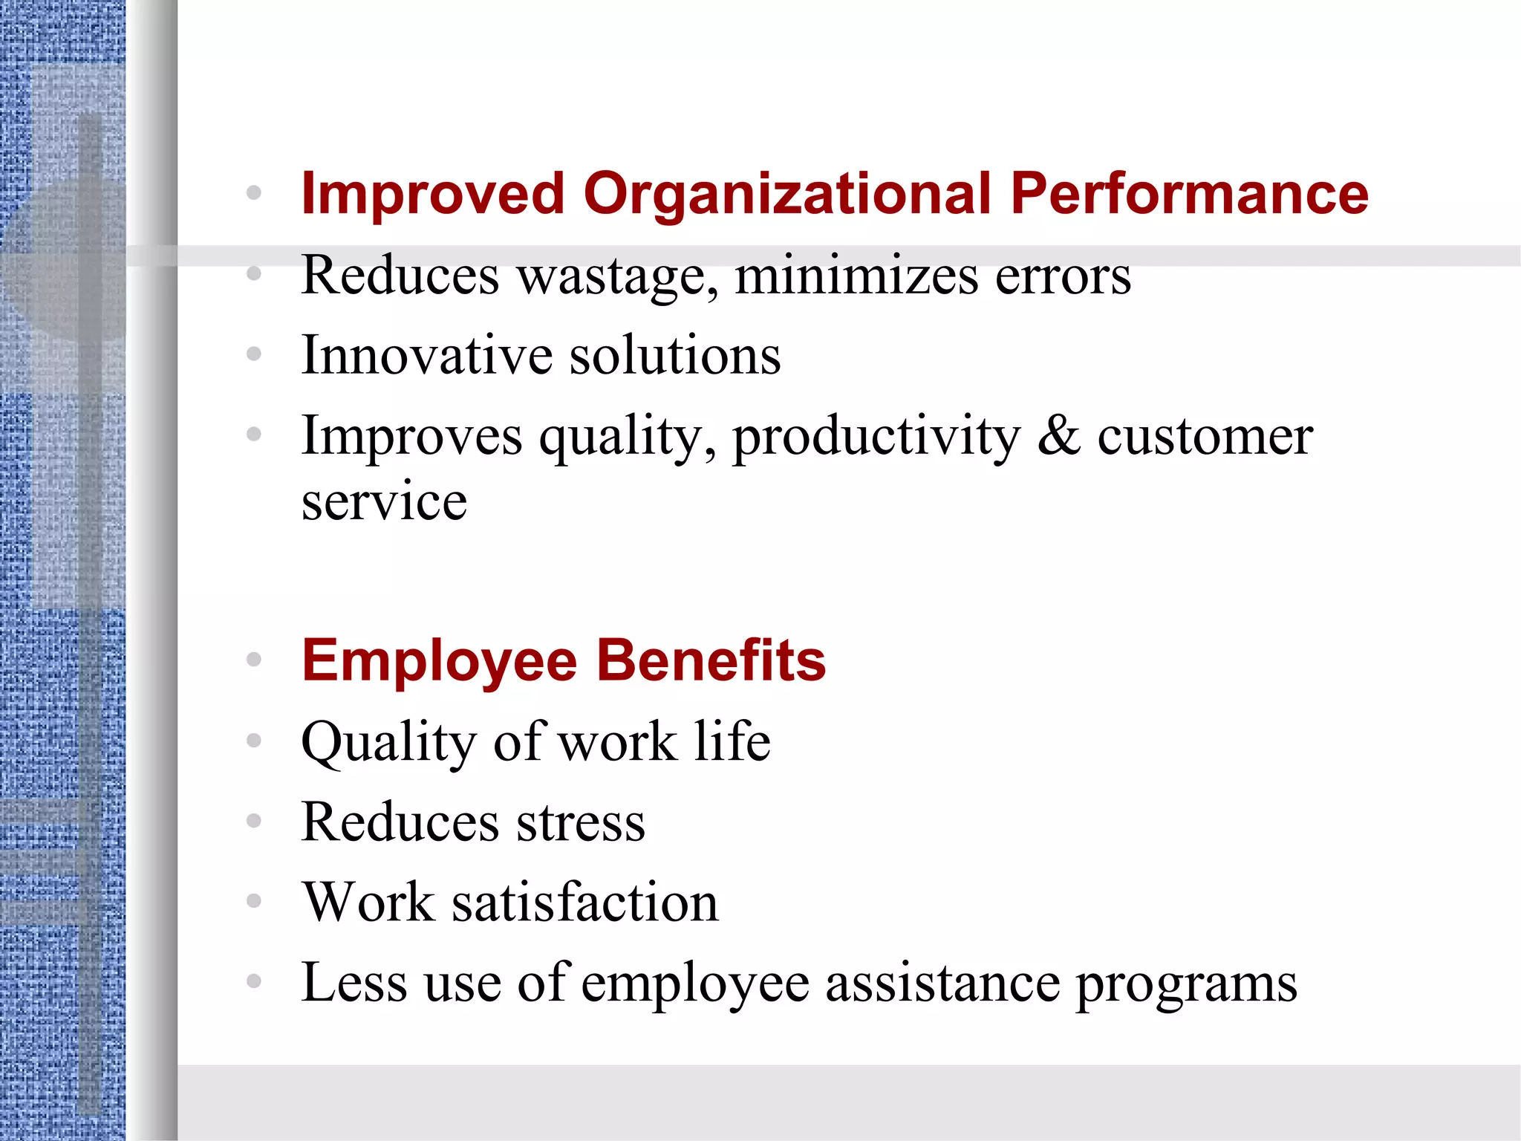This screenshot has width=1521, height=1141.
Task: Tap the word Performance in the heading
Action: [x=1189, y=195]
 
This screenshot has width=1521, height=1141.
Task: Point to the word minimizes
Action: [x=856, y=275]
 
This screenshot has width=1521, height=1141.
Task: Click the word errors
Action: [x=1063, y=276]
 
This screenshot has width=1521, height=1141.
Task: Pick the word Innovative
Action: [x=426, y=355]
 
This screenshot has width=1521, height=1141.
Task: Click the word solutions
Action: [x=675, y=355]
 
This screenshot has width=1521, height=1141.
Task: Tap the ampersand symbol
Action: [x=1058, y=435]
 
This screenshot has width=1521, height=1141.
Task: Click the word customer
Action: [x=1205, y=437]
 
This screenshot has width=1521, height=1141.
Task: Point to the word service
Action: [x=384, y=501]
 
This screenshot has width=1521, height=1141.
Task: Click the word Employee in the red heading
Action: [x=439, y=661]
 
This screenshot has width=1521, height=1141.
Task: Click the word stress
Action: [x=581, y=823]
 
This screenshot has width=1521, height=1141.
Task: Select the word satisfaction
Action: [x=585, y=903]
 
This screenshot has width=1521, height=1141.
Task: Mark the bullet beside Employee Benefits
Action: [x=254, y=659]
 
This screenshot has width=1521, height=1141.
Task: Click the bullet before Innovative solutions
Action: [x=254, y=354]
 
